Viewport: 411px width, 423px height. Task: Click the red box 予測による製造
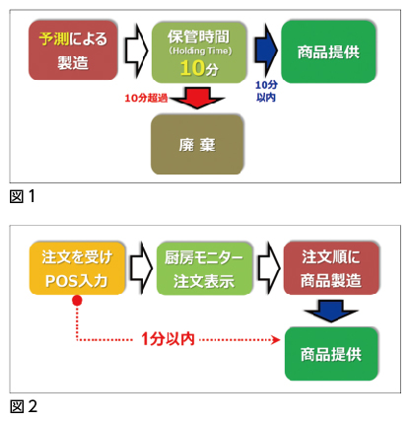tap(70, 52)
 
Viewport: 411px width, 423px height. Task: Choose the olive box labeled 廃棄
tap(197, 143)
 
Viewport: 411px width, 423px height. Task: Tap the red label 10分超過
tap(146, 97)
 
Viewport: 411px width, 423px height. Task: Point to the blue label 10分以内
tap(265, 92)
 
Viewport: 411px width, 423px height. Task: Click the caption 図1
tap(22, 196)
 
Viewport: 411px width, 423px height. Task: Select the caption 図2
tap(22, 406)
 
